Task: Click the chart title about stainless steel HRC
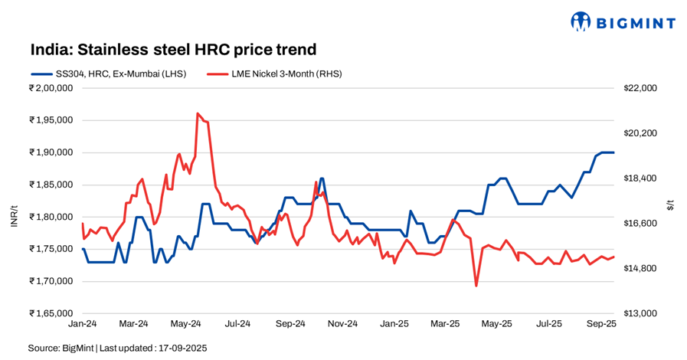173,50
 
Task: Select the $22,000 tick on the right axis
640,88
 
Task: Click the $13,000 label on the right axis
640,313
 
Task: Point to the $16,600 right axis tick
640,224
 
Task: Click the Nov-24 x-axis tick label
342,325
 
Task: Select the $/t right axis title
672,204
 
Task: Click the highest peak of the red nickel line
198,113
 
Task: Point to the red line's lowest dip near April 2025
476,286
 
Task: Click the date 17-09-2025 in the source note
182,349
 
